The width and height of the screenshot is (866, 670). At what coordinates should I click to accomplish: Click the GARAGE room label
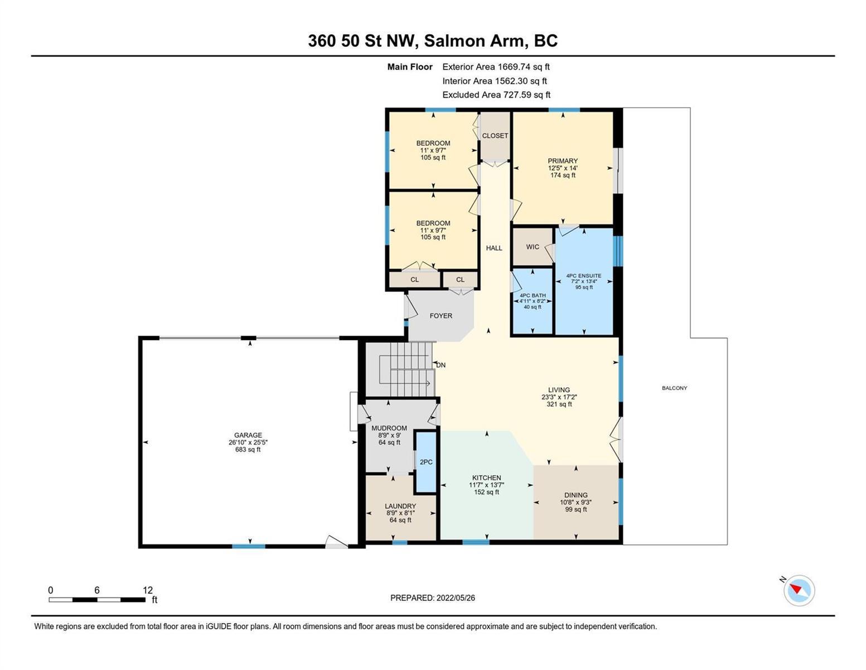(248, 435)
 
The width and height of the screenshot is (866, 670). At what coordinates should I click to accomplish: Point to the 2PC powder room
(426, 462)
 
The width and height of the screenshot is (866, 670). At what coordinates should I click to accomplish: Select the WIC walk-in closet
(533, 247)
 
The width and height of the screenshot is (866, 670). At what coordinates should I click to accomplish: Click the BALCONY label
(674, 388)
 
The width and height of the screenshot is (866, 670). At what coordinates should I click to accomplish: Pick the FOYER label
(441, 315)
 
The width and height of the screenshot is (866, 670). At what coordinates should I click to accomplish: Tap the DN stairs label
(441, 365)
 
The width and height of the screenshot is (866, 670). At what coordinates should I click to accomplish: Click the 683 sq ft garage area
(248, 449)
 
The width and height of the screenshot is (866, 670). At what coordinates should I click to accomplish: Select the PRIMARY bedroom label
(563, 161)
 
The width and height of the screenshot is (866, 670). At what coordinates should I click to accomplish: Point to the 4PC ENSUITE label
(584, 276)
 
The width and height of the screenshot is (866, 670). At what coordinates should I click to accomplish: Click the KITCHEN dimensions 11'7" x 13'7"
(487, 485)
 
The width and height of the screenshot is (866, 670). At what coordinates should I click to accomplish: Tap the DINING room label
(576, 495)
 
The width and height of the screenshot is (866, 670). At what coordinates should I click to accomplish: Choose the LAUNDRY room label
(400, 506)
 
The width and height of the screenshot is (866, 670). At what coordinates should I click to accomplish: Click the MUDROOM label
(389, 428)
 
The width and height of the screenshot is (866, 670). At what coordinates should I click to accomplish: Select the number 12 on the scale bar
(148, 590)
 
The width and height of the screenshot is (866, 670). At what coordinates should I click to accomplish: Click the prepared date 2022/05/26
(456, 598)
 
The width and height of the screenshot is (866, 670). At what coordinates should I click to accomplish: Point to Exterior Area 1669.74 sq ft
(496, 66)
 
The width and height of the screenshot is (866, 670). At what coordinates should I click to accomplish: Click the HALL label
(494, 248)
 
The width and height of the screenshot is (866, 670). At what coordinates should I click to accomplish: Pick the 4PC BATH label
(533, 295)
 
